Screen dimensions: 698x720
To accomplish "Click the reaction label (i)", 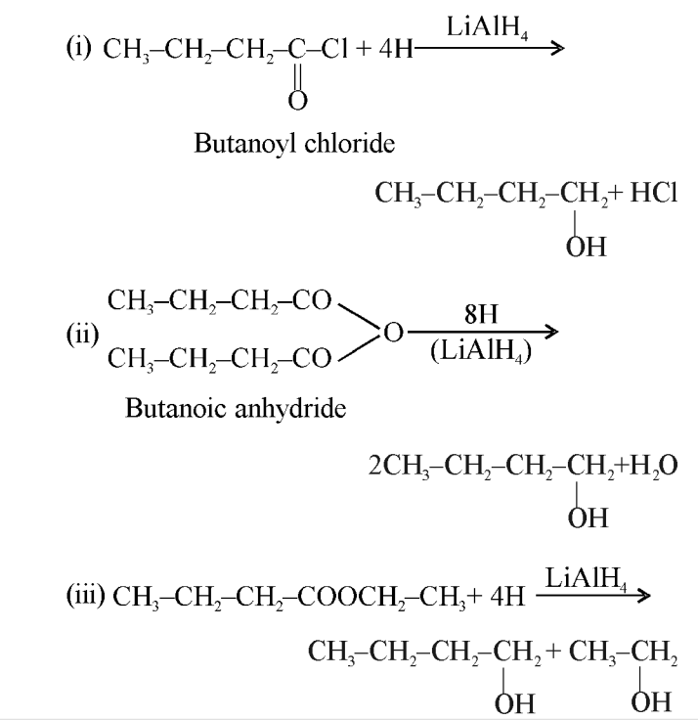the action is click(79, 48).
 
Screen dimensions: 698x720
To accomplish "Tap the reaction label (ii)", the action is click(82, 335).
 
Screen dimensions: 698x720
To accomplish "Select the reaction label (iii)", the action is click(86, 596).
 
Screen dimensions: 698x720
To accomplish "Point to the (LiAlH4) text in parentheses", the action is click(481, 352).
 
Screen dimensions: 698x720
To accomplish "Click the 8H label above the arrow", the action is click(481, 315).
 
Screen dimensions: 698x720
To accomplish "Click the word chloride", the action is click(349, 143).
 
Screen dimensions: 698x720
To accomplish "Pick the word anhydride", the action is click(290, 409).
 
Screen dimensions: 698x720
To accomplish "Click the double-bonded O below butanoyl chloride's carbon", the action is click(297, 101).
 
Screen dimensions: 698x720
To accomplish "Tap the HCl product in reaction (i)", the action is click(653, 192).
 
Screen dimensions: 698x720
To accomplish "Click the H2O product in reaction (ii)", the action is click(653, 466).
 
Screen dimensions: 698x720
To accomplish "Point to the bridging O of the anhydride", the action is click(393, 333).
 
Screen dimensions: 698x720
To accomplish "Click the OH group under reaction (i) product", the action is click(586, 247).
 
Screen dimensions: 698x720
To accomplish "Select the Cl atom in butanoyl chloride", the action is click(334, 48).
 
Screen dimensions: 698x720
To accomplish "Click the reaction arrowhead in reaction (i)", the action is click(557, 48).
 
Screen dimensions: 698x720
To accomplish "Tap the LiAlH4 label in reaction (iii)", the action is click(586, 577).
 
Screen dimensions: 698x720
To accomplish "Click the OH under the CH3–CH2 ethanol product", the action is click(651, 702).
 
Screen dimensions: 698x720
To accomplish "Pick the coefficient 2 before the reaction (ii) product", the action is click(375, 466).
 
